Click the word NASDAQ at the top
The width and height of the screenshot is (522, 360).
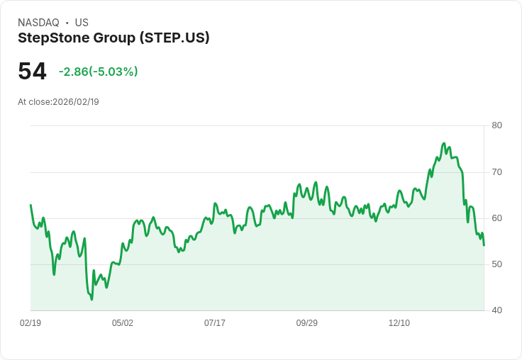pos(38,23)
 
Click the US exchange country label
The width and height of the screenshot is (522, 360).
pos(82,23)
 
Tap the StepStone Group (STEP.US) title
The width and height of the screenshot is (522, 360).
pos(113,38)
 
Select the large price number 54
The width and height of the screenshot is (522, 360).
pos(32,72)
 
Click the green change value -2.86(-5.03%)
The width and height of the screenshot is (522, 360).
pos(98,72)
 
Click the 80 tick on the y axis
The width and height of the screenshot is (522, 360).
pos(497,125)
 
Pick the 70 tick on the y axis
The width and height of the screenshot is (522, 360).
pos(497,172)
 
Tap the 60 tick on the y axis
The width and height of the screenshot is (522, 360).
pos(497,218)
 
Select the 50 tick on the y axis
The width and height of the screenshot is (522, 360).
pos(497,264)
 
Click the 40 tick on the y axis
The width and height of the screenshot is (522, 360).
pos(497,310)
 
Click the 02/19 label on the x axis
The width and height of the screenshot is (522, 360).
pos(30,323)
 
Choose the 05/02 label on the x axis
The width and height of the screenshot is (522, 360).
pos(123,323)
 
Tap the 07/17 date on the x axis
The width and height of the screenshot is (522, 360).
pos(215,323)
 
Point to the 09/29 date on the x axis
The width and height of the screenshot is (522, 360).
pos(307,323)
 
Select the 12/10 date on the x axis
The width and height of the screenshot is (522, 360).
pos(399,323)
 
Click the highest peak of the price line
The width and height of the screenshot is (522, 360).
pos(444,143)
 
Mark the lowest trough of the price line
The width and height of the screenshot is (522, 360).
pos(91,299)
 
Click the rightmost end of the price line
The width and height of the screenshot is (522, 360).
pos(484,245)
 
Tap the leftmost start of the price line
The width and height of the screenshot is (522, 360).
pos(30,205)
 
